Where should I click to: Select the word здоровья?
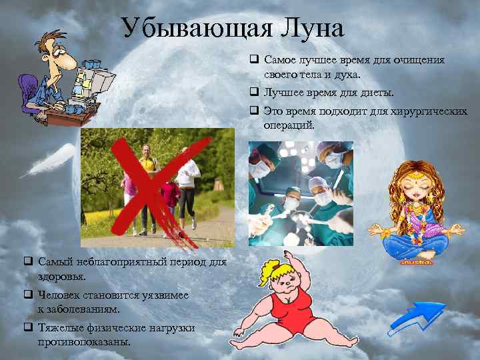tap(61, 275)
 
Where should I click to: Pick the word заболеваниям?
tap(85, 308)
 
